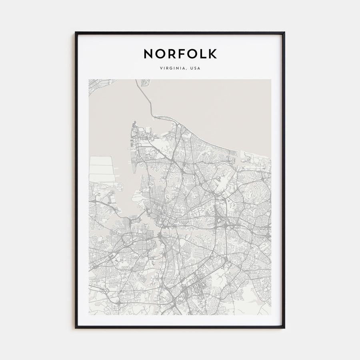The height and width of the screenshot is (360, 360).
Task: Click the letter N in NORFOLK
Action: click(148, 54)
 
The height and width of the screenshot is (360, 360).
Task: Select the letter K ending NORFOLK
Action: click(212, 54)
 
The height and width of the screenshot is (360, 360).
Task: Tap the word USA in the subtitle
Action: click(195, 68)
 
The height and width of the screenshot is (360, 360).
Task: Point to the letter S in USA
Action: click(195, 68)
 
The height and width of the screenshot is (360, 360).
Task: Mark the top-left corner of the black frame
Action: click(76, 33)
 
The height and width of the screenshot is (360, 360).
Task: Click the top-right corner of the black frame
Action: click(284, 33)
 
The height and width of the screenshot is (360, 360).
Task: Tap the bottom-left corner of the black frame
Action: click(76, 328)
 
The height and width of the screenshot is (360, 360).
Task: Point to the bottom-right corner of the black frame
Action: click(284, 328)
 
